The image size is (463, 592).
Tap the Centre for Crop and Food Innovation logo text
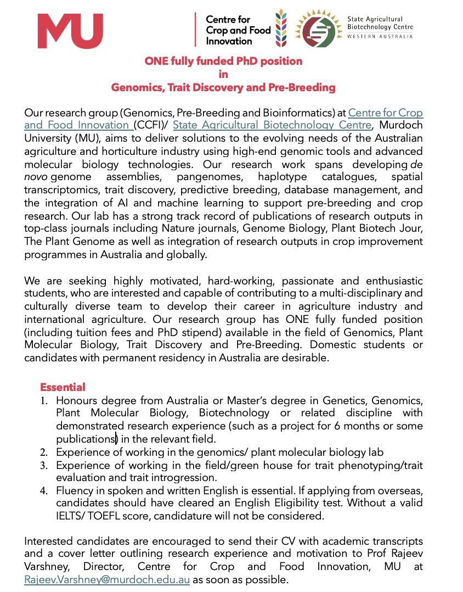pos(238,30)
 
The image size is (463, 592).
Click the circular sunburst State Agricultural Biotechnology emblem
pos(319,30)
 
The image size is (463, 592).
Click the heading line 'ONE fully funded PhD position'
pos(223,61)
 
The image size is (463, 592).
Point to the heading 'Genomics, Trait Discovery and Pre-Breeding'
pos(223,87)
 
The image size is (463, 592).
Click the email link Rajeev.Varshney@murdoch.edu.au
pos(107,580)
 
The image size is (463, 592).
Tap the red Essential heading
pos(63,387)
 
